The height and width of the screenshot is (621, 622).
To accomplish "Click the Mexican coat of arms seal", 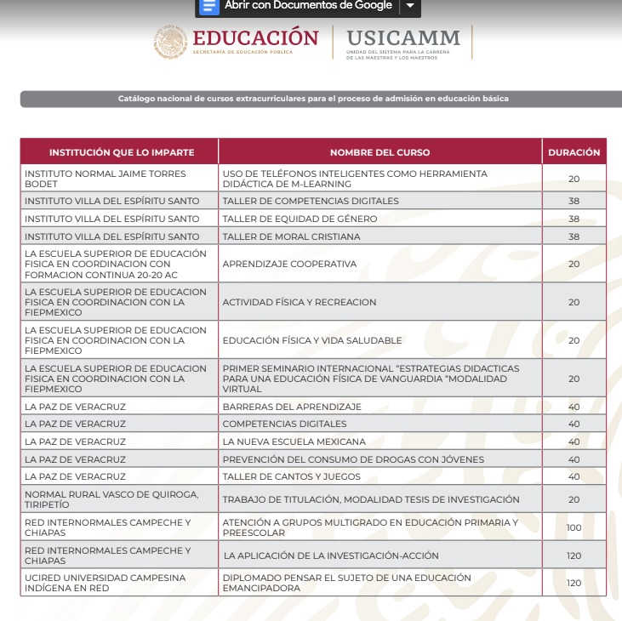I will [170, 42].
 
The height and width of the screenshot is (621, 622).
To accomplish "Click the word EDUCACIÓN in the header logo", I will [255, 38].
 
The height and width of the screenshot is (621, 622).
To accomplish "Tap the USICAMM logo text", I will [403, 38].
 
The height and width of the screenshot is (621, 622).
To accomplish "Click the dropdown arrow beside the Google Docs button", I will [410, 6].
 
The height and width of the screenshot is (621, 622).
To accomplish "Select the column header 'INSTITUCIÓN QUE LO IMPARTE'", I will [121, 152].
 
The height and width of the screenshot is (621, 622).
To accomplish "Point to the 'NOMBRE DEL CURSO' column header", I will [379, 152].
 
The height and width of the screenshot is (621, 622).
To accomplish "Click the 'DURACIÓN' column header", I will [573, 152].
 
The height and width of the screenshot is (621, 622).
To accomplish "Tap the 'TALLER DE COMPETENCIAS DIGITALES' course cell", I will [311, 202].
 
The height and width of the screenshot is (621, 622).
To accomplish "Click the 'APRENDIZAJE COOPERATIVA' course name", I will [289, 264].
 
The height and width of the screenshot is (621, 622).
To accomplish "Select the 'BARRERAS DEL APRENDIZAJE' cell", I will [292, 407].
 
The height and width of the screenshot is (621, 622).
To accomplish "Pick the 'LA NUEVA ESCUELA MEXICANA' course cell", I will [294, 442].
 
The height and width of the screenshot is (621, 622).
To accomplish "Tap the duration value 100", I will [573, 527].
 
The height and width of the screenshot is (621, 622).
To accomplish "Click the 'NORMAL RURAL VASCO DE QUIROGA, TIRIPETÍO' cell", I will [111, 499].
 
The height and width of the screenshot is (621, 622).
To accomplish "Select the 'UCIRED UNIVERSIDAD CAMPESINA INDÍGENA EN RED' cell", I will [105, 583].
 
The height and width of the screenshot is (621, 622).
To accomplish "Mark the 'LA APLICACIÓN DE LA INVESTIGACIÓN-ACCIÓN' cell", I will [331, 555].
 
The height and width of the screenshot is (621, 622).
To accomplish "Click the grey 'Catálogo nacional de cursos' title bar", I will [313, 99].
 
